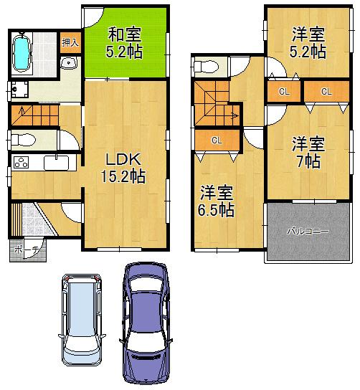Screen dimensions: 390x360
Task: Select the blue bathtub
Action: pyautogui.click(x=22, y=52)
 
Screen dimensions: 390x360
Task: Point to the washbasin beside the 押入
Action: pyautogui.click(x=69, y=65)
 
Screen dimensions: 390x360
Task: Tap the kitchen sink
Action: pyautogui.click(x=55, y=163)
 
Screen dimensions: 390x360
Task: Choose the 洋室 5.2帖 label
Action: pyautogui.click(x=309, y=42)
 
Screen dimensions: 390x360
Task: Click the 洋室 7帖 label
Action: pyautogui.click(x=308, y=152)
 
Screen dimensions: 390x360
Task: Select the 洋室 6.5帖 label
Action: pyautogui.click(x=216, y=201)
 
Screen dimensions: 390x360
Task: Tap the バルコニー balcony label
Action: pyautogui.click(x=308, y=232)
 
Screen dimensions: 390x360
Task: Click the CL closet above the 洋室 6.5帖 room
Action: pyautogui.click(x=215, y=141)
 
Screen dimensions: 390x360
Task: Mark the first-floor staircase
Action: pyautogui.click(x=33, y=113)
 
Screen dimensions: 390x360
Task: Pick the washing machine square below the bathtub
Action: pyautogui.click(x=19, y=90)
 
